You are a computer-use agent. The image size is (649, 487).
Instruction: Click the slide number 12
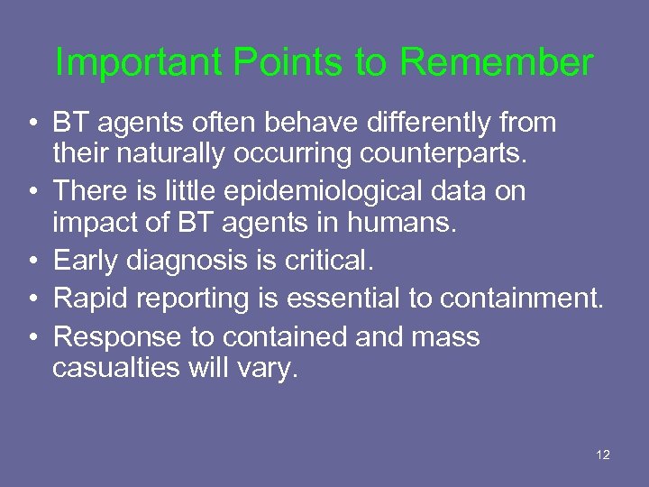pos(603,455)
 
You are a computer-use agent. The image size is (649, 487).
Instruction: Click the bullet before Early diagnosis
pos(31,262)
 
